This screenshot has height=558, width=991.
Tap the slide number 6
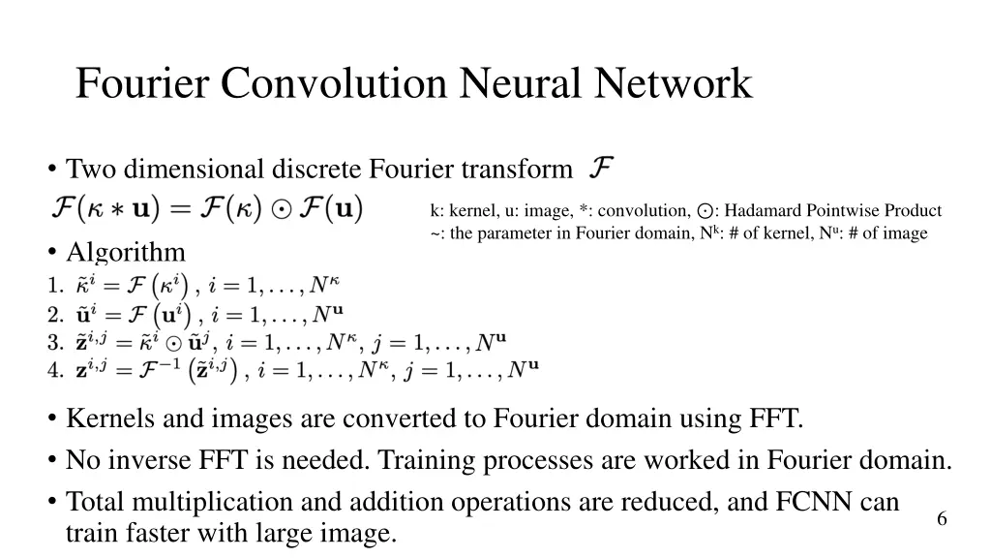tap(942, 519)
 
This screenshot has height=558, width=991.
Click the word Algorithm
tap(125, 253)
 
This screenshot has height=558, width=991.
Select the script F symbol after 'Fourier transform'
tap(600, 169)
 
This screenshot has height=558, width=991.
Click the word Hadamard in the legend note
tap(761, 210)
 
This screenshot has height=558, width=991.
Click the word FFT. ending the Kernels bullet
tap(777, 418)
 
